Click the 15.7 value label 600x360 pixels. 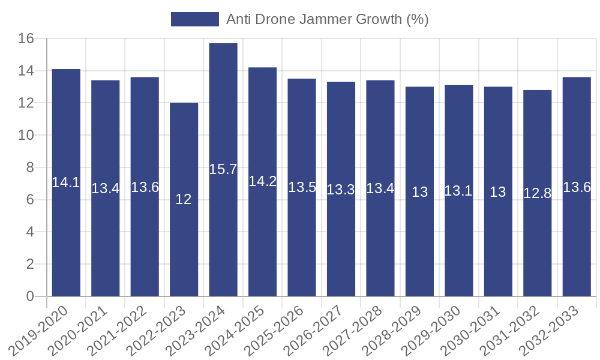click(x=223, y=169)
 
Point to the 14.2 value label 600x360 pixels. click(x=262, y=181)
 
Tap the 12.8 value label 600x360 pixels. click(x=537, y=193)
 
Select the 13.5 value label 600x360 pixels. click(x=302, y=187)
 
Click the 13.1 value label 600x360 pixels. click(x=458, y=191)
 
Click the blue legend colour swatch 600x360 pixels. click(x=194, y=19)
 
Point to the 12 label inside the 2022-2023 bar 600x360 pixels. click(x=184, y=199)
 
